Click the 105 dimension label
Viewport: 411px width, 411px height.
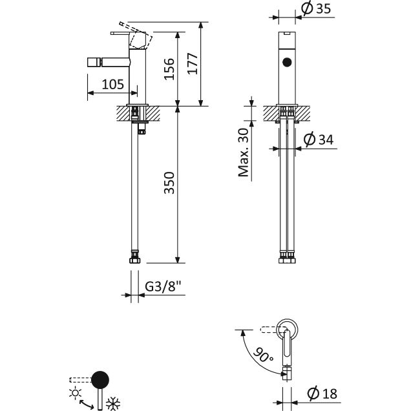coord(112,85)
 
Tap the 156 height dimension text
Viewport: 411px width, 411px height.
coord(169,69)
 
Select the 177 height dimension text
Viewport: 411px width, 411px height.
coord(193,64)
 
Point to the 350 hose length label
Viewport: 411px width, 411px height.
coord(169,183)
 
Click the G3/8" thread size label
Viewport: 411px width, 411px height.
coord(163,286)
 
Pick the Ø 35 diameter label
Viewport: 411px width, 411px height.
coord(316,8)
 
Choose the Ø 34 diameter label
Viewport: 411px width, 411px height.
coord(319,140)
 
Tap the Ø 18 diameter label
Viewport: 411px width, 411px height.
coord(322,394)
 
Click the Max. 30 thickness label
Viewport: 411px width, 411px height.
coord(243,153)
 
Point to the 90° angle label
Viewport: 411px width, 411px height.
coord(264,355)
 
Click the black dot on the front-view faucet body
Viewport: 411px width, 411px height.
coord(287,62)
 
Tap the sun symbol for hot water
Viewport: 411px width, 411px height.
coord(75,393)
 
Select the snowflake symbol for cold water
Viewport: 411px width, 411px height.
coord(113,403)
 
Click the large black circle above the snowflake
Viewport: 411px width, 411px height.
coord(100,380)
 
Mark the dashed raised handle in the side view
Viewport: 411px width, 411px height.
coord(136,35)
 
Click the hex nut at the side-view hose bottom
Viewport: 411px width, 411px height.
coord(134,260)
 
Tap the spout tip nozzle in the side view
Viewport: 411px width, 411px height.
coord(94,63)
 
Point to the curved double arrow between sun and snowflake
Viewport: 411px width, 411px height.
coord(87,404)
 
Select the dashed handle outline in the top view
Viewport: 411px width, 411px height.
coord(271,330)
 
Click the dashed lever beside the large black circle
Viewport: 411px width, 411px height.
coord(81,380)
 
